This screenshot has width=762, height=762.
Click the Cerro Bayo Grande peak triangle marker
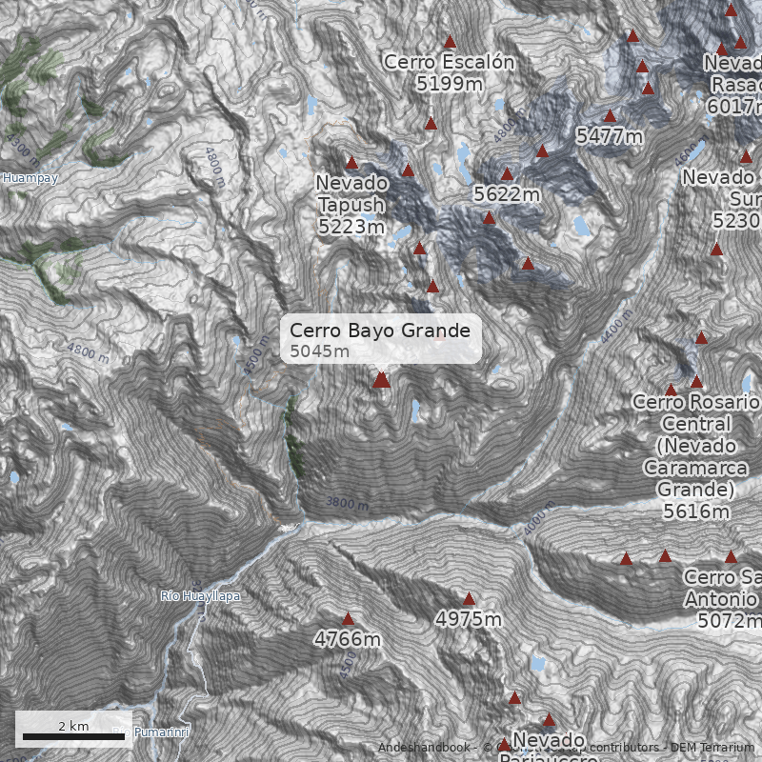[381, 380]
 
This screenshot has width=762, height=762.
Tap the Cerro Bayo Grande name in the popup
[379, 331]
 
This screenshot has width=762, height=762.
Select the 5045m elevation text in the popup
[320, 351]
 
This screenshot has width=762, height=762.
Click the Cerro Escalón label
[449, 63]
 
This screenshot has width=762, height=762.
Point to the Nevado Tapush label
[351, 193]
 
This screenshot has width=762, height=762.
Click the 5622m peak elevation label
[507, 195]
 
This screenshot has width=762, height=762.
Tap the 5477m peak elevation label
[610, 137]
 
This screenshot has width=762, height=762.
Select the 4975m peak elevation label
[468, 620]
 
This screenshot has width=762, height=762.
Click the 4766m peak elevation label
[348, 639]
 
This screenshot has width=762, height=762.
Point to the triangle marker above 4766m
[348, 619]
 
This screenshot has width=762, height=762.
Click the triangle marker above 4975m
[469, 599]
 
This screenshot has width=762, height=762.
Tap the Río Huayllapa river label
[200, 596]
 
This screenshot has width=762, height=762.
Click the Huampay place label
[30, 178]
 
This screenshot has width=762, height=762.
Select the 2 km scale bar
[72, 734]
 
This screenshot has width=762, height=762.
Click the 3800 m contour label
[346, 502]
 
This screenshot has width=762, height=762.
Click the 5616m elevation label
[696, 511]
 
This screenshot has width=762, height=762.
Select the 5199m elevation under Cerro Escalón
[449, 84]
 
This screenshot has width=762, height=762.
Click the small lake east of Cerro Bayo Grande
[415, 411]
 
